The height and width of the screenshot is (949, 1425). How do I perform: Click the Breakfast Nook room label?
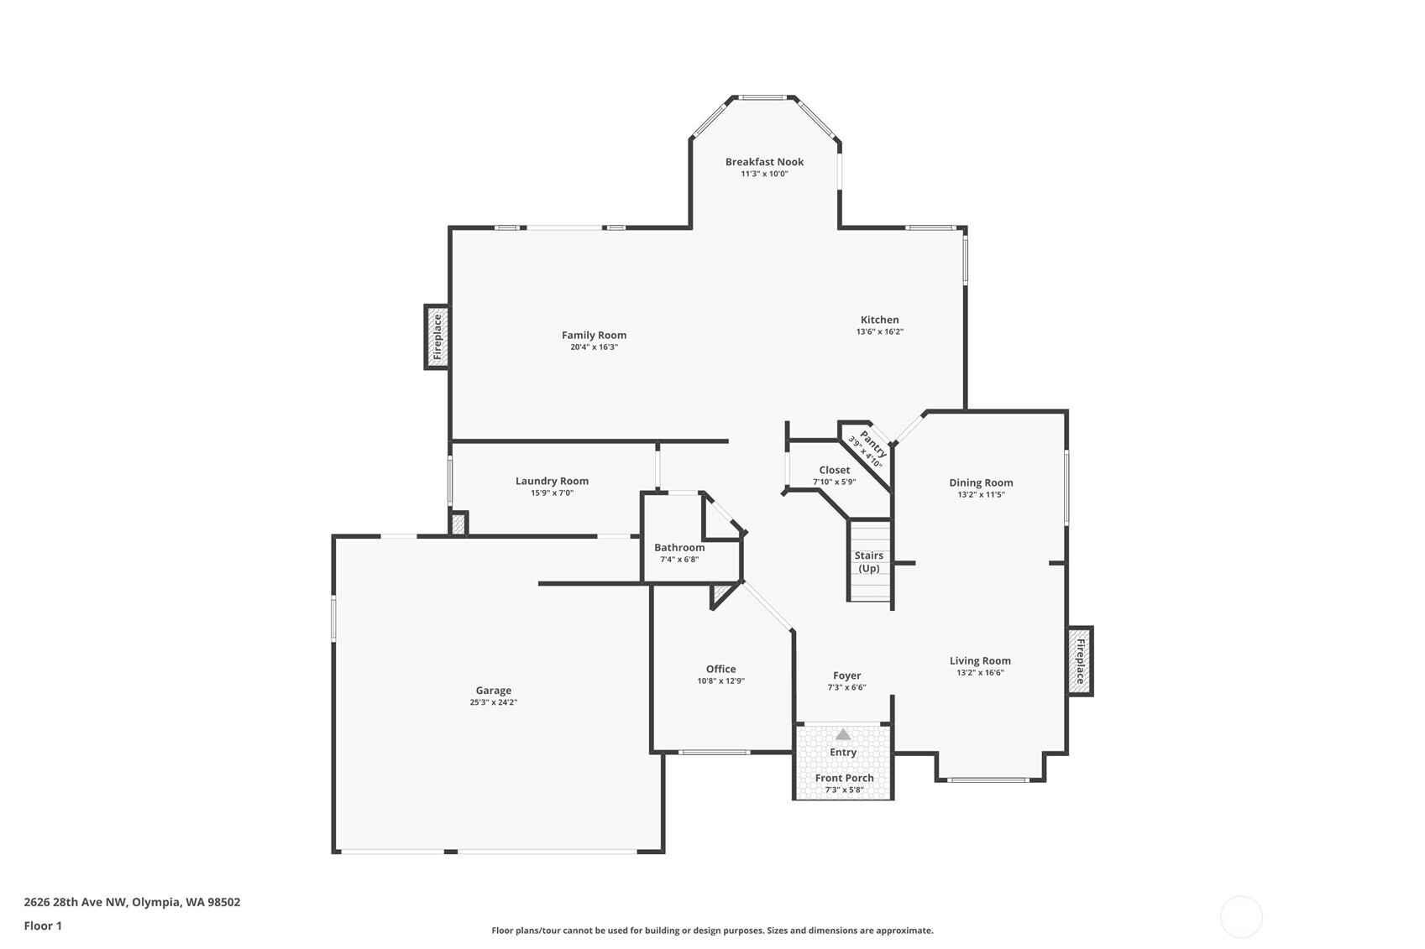(x=764, y=162)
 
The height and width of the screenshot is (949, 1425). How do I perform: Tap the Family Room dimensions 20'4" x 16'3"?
(x=594, y=347)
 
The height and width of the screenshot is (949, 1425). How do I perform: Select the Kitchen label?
(x=879, y=320)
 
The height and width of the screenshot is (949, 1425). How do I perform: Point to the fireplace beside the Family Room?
(x=437, y=336)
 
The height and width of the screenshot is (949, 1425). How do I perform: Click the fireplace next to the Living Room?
(x=1080, y=661)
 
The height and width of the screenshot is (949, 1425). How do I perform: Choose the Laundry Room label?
(x=552, y=481)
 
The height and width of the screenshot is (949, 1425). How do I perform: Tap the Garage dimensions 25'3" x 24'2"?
(x=493, y=703)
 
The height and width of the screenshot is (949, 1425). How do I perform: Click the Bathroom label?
(x=679, y=548)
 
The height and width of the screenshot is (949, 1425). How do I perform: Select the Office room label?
(x=720, y=669)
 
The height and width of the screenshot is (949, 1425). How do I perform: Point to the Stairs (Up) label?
(x=869, y=561)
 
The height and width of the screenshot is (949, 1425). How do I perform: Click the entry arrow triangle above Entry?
(x=843, y=734)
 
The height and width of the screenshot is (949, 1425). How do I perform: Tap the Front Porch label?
(x=844, y=778)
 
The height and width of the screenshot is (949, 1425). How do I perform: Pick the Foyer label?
(x=846, y=675)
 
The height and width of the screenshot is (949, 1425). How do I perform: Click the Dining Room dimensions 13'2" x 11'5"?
(x=981, y=495)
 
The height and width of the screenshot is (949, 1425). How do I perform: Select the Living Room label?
(x=980, y=660)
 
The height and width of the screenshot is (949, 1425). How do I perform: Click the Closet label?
(x=834, y=470)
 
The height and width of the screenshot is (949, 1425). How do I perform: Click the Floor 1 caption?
(x=43, y=926)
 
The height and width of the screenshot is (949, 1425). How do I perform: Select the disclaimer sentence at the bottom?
(x=712, y=930)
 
